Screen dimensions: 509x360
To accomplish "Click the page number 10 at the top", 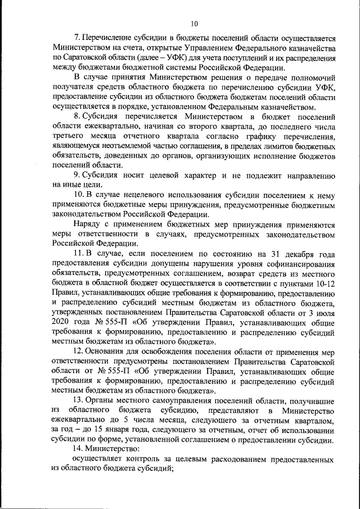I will [194, 23].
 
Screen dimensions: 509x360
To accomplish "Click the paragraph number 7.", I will [78, 39].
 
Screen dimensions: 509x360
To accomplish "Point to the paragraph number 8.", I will [78, 116].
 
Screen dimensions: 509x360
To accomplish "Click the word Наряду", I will [87, 224].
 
